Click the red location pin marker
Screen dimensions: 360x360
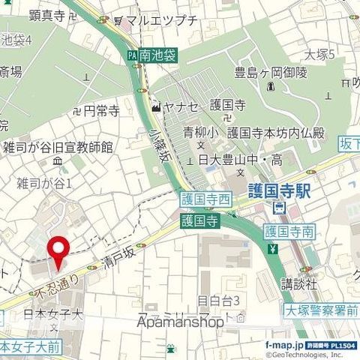tap(58, 252)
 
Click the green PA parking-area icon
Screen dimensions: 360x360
tap(132, 55)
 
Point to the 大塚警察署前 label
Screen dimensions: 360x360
tap(322, 309)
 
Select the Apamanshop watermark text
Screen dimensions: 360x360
tap(181, 322)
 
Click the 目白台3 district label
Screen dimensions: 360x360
tap(218, 301)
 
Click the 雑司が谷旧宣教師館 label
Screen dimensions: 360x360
tap(58, 147)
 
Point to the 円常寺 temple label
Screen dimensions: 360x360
tap(101, 112)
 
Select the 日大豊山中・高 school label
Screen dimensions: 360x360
tap(239, 158)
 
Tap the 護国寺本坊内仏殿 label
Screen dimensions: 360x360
tap(276, 133)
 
